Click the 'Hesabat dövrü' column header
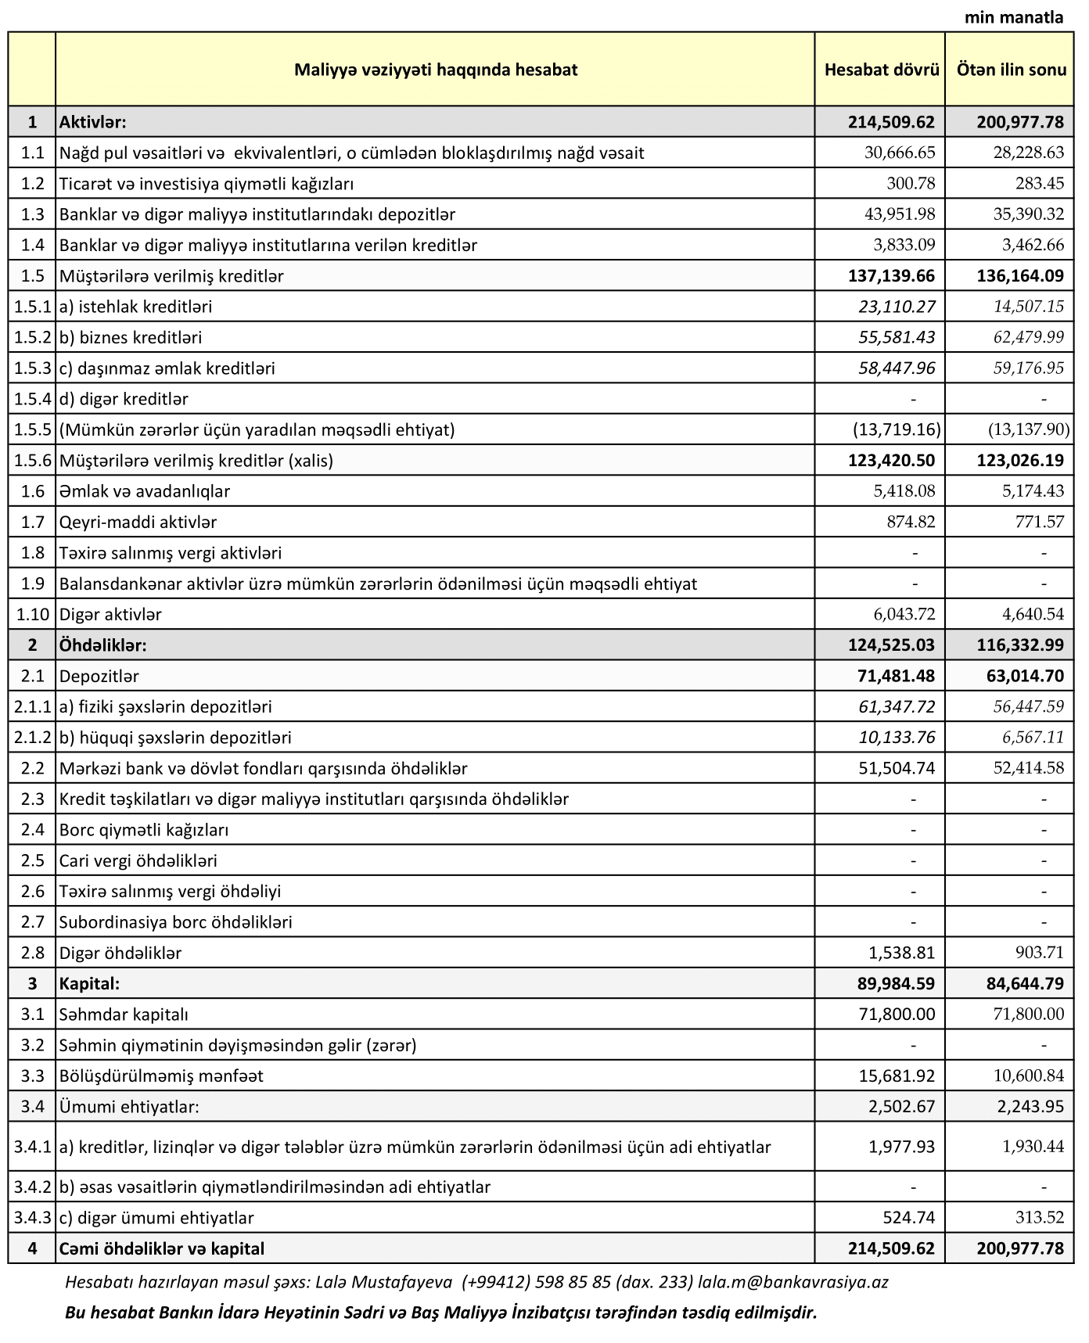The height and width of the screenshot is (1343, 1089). (x=881, y=70)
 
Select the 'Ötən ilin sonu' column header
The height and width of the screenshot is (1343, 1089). (x=1011, y=70)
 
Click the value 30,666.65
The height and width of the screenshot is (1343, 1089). (x=899, y=153)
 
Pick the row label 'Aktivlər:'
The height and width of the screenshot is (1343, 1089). (x=93, y=122)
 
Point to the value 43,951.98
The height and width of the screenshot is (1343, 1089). (x=899, y=214)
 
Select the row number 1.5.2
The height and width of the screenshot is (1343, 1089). (x=32, y=338)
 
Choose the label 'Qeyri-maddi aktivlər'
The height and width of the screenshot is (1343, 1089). (x=138, y=522)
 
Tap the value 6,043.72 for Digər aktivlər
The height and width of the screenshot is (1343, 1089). (x=904, y=614)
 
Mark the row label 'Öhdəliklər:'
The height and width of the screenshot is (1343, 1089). (x=103, y=645)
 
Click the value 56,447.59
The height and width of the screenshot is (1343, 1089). (x=1028, y=706)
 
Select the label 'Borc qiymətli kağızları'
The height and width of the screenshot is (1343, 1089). (x=144, y=830)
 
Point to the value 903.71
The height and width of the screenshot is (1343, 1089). (x=1038, y=953)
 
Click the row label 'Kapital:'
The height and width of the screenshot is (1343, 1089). (x=89, y=983)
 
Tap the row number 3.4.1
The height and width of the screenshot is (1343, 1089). (x=32, y=1147)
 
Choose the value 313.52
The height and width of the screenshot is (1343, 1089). (x=1038, y=1217)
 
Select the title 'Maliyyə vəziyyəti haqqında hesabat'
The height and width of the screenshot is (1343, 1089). (x=436, y=70)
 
